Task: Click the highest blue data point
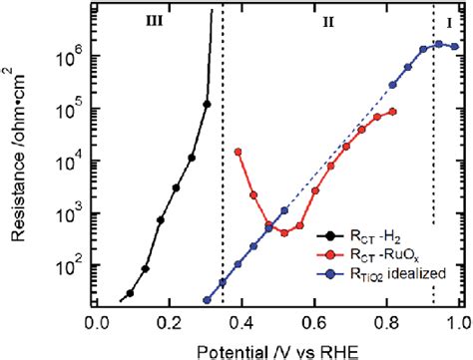coord(438,44)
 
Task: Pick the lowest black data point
coord(130,294)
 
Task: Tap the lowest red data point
coord(284,232)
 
